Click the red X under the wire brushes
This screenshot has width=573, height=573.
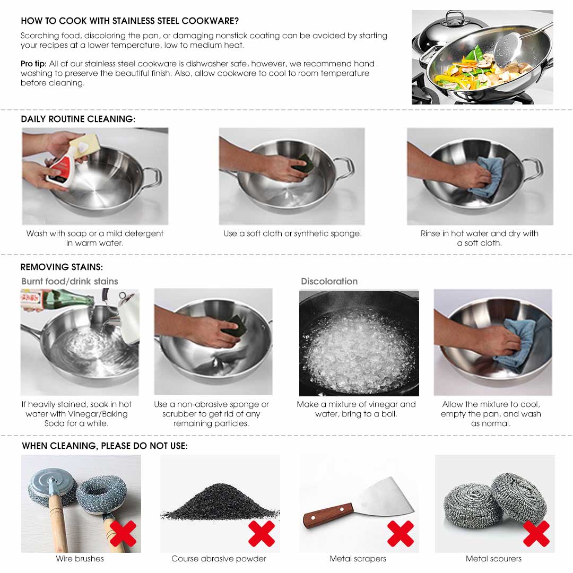pos(123,533)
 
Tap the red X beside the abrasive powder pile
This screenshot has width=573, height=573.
pos(262,533)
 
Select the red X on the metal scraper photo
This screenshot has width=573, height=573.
pos(401,533)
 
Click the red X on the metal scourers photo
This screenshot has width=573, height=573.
pos(536,533)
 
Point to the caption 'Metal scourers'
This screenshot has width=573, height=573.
pos(493,558)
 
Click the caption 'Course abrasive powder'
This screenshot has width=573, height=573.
pos(219,558)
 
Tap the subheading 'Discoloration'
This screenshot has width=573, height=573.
pos(329,281)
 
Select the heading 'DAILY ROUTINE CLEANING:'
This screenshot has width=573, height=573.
pos(78,119)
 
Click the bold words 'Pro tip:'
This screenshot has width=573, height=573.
pos(33,64)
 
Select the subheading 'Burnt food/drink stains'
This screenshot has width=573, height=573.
pos(70,281)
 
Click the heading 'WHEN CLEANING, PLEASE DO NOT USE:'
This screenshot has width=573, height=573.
pos(105,446)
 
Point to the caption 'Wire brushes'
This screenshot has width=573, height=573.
pos(80,558)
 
